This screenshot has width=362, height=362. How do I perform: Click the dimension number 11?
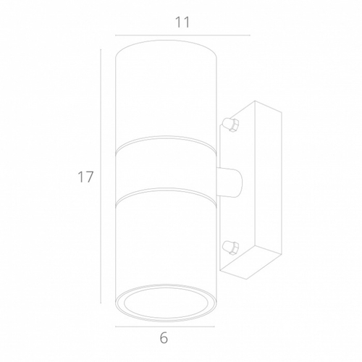(x=182, y=22)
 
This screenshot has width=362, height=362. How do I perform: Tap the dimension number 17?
(x=86, y=177)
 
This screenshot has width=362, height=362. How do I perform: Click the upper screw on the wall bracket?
(x=232, y=124)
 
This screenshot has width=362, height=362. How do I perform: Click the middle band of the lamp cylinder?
(x=167, y=168)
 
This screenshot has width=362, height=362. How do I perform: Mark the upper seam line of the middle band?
(x=167, y=146)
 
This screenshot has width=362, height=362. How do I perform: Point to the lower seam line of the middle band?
(x=167, y=190)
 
